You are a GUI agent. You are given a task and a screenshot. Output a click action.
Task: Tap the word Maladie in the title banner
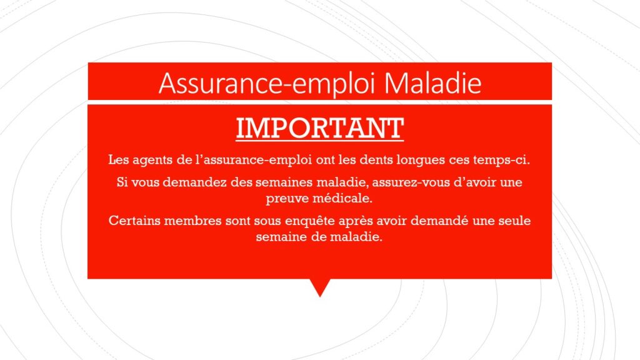pyautogui.click(x=433, y=83)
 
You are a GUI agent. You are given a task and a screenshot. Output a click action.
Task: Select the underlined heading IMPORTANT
pyautogui.click(x=320, y=129)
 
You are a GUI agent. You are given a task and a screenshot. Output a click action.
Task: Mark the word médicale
pyautogui.click(x=342, y=198)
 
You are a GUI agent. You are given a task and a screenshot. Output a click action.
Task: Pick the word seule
pyautogui.click(x=516, y=221)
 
